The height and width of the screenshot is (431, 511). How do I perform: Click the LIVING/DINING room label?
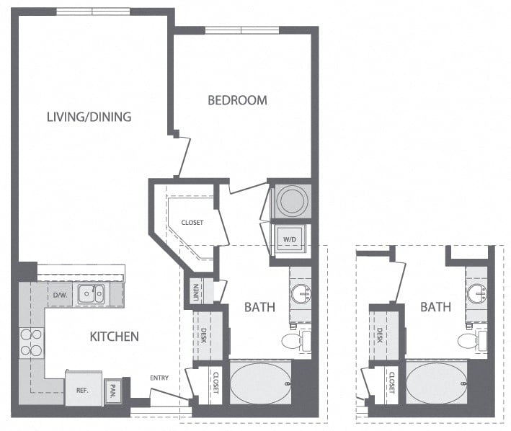click(x=89, y=116)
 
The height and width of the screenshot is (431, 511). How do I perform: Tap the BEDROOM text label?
click(x=237, y=100)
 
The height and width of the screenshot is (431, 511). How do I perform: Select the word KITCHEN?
click(x=114, y=336)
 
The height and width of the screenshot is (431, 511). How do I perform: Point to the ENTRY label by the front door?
click(x=160, y=378)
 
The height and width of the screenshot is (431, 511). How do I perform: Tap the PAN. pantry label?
click(x=113, y=389)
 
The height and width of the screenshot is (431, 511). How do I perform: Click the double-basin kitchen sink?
click(x=92, y=293)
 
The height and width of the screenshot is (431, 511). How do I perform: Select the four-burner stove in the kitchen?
click(x=31, y=342)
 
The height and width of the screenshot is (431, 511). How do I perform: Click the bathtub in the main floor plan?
click(x=260, y=383)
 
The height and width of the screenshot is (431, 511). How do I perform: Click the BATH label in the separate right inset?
click(x=435, y=307)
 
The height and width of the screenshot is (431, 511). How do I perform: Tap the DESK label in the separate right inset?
click(x=380, y=334)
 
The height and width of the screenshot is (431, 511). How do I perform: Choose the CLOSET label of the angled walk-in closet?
click(x=192, y=223)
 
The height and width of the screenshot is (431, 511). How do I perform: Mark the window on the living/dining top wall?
click(x=93, y=12)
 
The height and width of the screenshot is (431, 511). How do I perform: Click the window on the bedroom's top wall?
click(x=242, y=30)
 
